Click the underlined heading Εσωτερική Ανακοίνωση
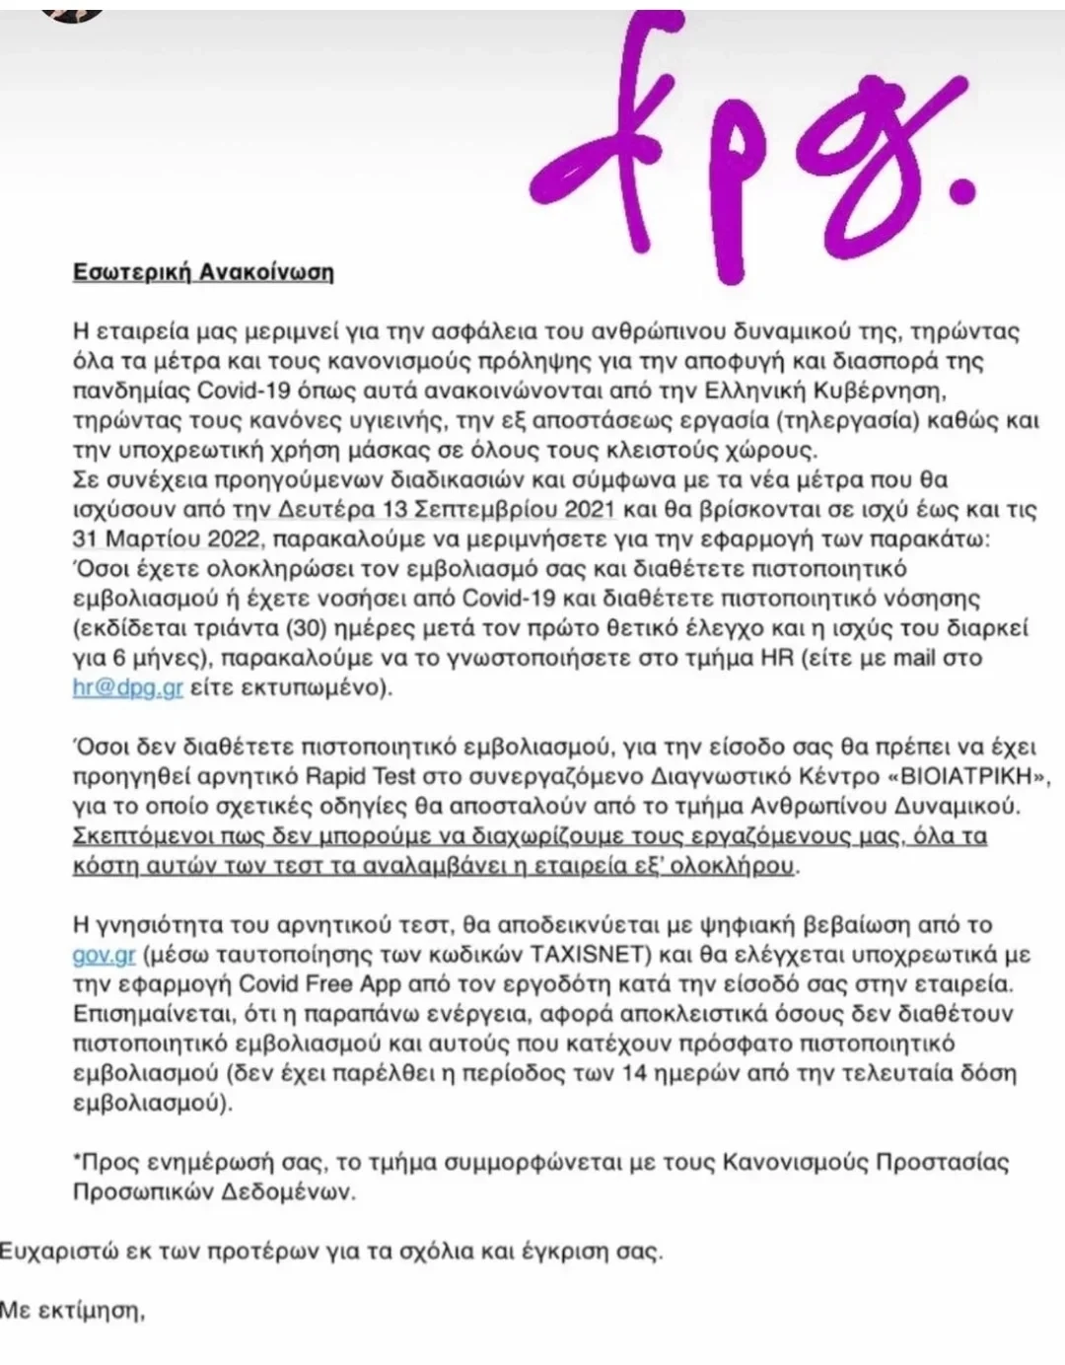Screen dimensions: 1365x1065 click(203, 272)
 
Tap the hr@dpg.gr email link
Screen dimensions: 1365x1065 click(128, 687)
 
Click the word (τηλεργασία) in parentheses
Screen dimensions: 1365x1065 click(856, 421)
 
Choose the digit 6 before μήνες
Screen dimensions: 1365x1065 click(106, 658)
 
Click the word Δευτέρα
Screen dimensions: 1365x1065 click(316, 510)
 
